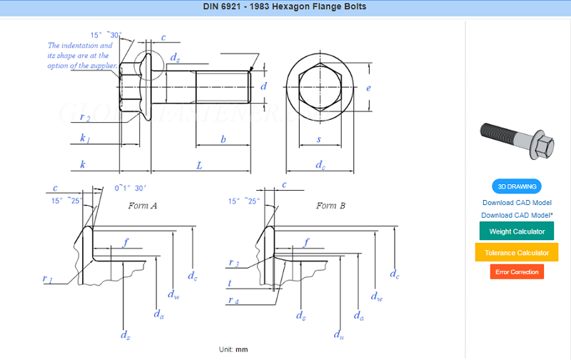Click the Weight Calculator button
[516, 231]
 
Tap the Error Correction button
[517, 272]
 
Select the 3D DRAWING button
[517, 186]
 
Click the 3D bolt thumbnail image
[517, 141]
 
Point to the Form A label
[142, 206]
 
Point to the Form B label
[330, 206]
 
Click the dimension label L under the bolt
[199, 166]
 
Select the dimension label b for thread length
[223, 139]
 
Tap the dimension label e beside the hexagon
[368, 88]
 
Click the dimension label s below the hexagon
[319, 139]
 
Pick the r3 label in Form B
[234, 263]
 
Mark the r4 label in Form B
[233, 300]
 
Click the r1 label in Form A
[47, 279]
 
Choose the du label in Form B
[338, 334]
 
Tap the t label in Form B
[230, 283]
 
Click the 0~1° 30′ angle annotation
[130, 188]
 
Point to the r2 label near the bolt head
[85, 117]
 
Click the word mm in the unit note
[241, 349]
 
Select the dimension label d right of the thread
[263, 86]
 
